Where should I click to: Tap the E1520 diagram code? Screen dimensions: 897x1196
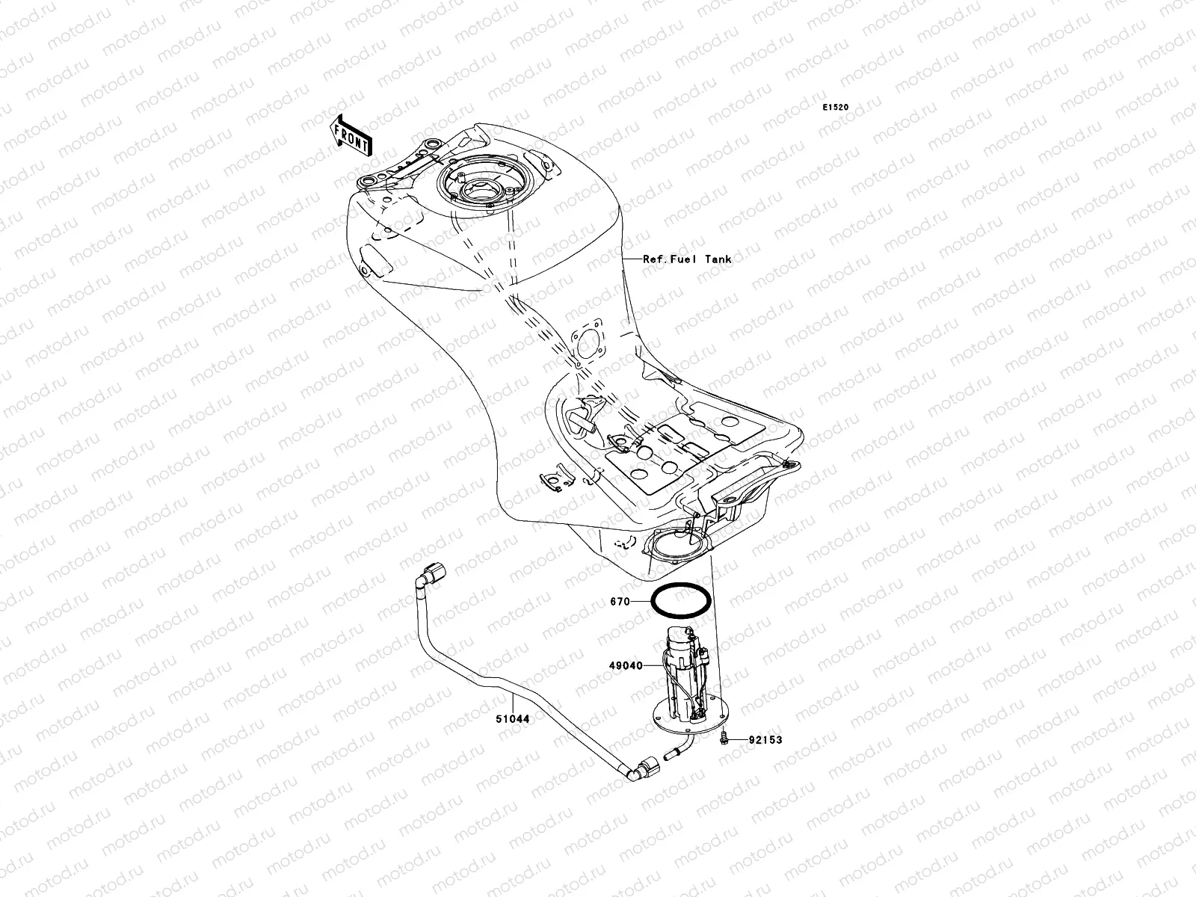point(836,108)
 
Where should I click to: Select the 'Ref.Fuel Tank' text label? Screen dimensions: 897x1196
point(687,259)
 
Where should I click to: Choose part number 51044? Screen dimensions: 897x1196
point(512,719)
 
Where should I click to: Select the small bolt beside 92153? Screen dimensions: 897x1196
point(724,739)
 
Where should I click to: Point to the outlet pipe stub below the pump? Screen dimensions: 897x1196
point(682,746)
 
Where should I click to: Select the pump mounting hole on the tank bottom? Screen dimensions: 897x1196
point(677,545)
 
